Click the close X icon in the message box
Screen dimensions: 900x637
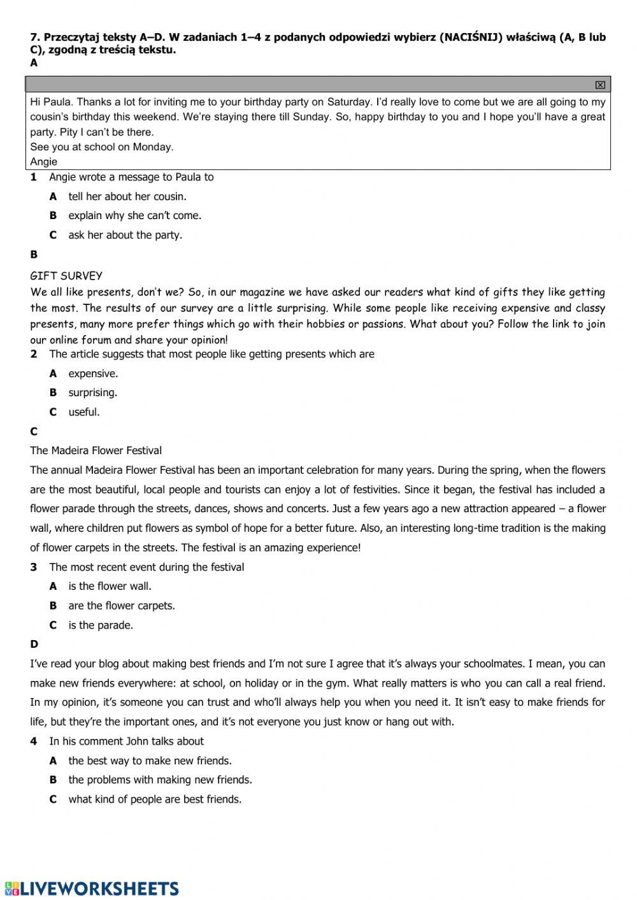pos(599,85)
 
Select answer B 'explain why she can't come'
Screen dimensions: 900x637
pos(134,215)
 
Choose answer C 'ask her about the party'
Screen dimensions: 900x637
pos(125,235)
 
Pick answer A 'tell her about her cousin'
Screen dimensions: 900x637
pos(127,196)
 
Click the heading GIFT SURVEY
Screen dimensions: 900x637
pos(66,276)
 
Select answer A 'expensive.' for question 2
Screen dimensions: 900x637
pos(93,373)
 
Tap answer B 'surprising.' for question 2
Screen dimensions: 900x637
pos(93,392)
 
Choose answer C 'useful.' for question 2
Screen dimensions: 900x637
pos(84,412)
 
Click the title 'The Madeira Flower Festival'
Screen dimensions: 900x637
pos(96,450)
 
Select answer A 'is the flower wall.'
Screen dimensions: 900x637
pos(110,586)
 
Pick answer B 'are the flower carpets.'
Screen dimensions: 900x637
pos(122,606)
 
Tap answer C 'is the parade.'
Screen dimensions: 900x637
pos(101,625)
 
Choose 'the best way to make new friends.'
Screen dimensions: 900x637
pos(150,761)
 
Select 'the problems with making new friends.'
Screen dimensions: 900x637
pos(160,780)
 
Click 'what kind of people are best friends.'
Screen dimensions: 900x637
pos(155,799)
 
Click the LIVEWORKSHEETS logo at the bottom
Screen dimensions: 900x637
pos(92,889)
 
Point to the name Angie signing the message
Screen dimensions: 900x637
pos(43,162)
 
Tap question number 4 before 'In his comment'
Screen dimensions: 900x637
pos(34,741)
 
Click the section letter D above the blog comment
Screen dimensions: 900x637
pos(34,644)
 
